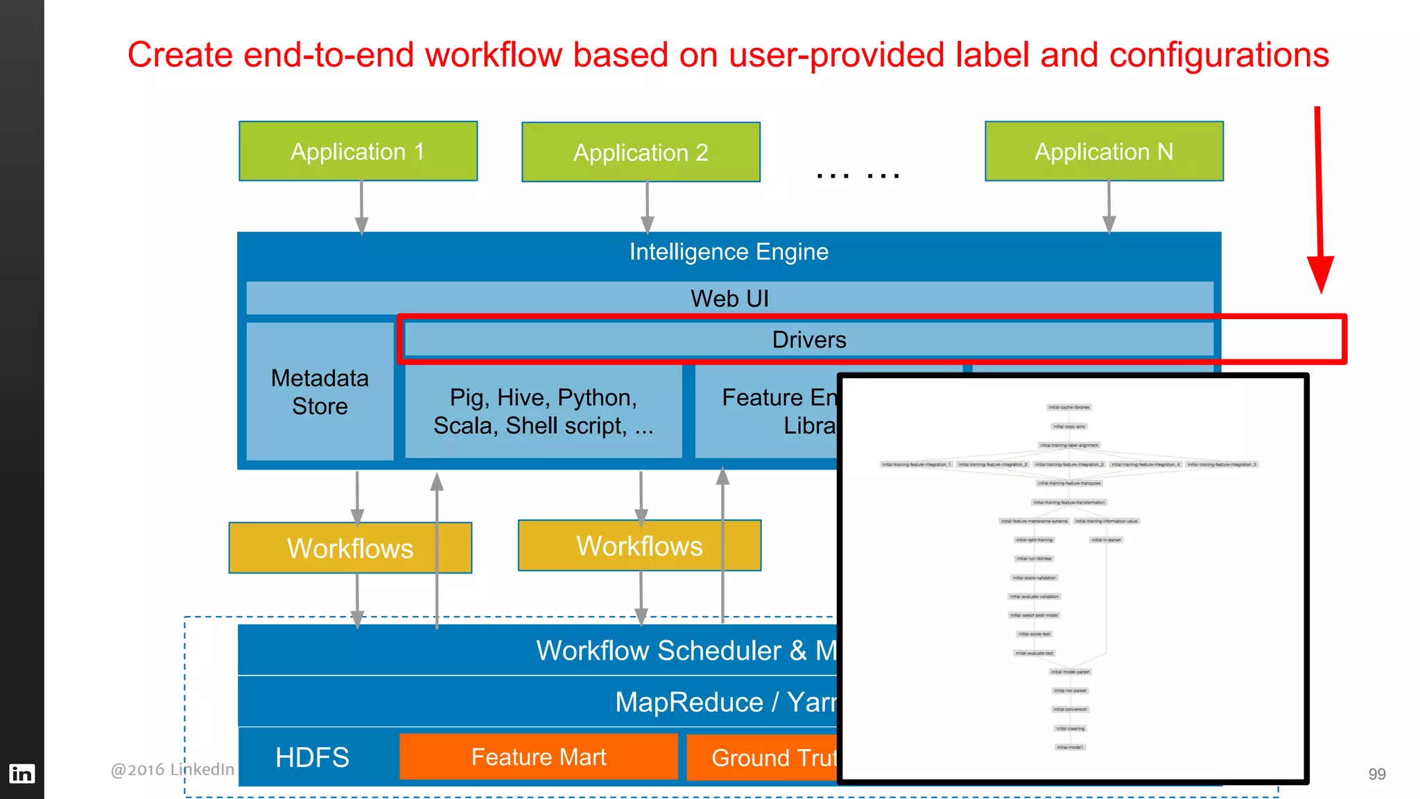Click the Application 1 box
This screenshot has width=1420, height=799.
pyautogui.click(x=358, y=151)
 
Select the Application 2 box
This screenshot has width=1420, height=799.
pyautogui.click(x=641, y=153)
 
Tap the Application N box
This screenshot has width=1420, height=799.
pyautogui.click(x=1104, y=151)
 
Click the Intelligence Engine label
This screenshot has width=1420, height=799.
pyautogui.click(x=729, y=252)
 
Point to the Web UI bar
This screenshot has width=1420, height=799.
pyautogui.click(x=729, y=298)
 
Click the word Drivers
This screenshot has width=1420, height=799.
pyautogui.click(x=808, y=340)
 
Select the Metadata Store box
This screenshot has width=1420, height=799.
pyautogui.click(x=320, y=392)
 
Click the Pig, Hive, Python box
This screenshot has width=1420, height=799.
pyautogui.click(x=543, y=411)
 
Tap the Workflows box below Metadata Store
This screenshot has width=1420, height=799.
pyautogui.click(x=350, y=548)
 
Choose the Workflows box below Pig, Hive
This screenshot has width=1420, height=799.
pyautogui.click(x=639, y=546)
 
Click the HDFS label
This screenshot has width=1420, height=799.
pyautogui.click(x=312, y=757)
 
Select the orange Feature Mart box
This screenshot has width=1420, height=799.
pyautogui.click(x=538, y=757)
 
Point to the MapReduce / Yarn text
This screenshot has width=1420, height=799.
pyautogui.click(x=725, y=703)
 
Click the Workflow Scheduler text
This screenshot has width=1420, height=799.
pyautogui.click(x=659, y=651)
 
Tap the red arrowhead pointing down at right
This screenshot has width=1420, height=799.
pyautogui.click(x=1320, y=274)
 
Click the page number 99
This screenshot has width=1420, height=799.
pyautogui.click(x=1376, y=774)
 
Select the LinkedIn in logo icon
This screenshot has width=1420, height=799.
pyautogui.click(x=21, y=773)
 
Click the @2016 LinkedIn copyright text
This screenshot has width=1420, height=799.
pyautogui.click(x=172, y=770)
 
